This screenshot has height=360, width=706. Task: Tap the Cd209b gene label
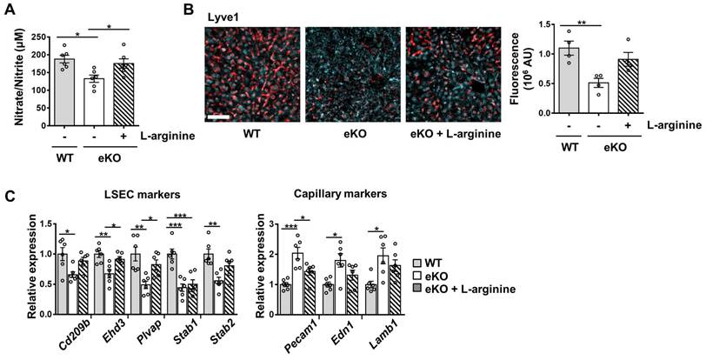[63, 333]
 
